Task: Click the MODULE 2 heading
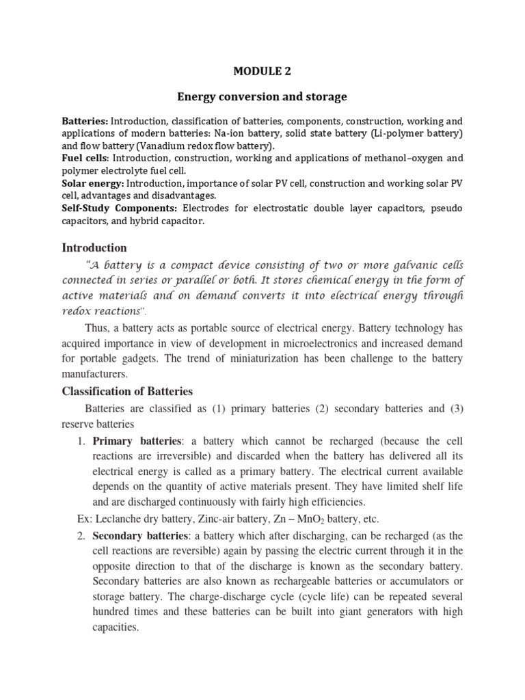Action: [262, 69]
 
